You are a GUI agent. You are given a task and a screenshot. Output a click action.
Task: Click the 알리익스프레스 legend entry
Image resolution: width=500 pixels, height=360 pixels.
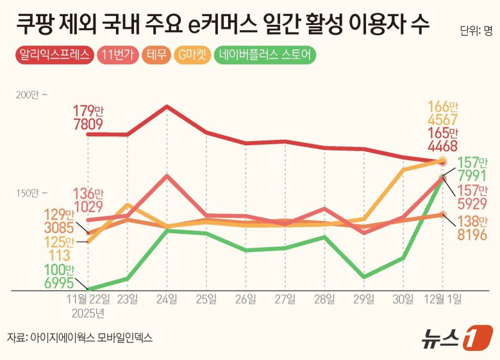point(54,55)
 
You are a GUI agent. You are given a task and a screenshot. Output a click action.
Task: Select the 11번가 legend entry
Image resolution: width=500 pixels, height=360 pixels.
point(120,55)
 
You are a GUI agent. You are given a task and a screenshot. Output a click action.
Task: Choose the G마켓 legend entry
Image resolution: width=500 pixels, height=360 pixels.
point(192,55)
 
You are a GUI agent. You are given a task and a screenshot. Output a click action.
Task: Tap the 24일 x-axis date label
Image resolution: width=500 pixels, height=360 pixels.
point(167,299)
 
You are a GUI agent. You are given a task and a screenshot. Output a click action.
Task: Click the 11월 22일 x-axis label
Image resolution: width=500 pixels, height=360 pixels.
point(88,299)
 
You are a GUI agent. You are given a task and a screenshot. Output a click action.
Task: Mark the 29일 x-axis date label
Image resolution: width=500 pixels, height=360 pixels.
point(364,299)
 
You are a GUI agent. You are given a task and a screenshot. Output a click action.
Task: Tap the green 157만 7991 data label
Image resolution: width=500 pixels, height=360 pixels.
point(471,169)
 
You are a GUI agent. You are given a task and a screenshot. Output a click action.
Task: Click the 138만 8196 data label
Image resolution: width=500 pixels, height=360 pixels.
point(471,228)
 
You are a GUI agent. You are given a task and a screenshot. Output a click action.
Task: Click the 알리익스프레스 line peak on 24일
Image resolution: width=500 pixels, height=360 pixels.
point(167,106)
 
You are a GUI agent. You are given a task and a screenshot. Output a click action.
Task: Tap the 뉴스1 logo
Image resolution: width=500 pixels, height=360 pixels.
point(456,338)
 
